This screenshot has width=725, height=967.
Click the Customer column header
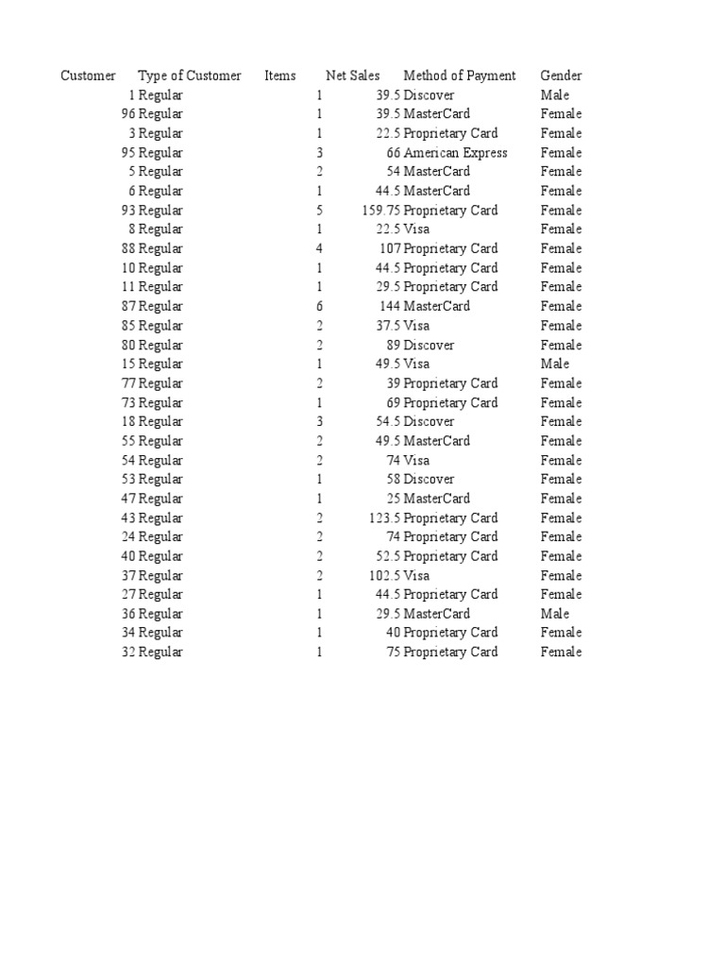tap(88, 76)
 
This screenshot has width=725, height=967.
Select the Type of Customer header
tap(189, 76)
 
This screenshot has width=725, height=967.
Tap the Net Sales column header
tap(352, 76)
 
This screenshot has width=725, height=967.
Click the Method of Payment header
tap(459, 76)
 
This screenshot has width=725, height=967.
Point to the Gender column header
tap(561, 76)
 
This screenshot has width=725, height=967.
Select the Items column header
tap(280, 76)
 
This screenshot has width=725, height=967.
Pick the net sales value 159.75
tap(381, 211)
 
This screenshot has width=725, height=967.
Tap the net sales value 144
tap(390, 306)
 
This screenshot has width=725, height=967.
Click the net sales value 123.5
tap(385, 517)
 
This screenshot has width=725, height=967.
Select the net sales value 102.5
tap(385, 575)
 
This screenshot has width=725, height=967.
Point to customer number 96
tap(128, 114)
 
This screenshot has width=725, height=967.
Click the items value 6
tap(320, 306)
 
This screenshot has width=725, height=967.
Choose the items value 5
tap(320, 211)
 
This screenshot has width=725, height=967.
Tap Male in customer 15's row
tap(555, 364)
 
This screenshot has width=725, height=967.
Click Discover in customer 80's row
tap(429, 345)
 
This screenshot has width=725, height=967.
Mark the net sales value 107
tap(390, 248)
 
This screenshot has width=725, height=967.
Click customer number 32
tap(128, 652)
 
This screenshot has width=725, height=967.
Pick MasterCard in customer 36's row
tap(436, 614)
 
